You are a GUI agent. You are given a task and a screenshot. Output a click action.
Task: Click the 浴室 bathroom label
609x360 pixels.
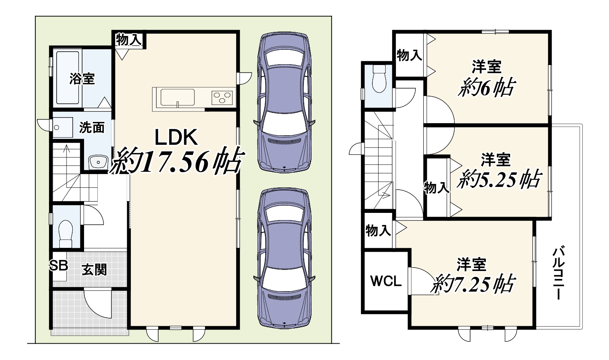click(x=82, y=79)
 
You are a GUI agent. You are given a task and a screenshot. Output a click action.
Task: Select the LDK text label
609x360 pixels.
click(x=176, y=137)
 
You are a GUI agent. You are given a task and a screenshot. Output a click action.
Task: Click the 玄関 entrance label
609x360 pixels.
click(x=94, y=270)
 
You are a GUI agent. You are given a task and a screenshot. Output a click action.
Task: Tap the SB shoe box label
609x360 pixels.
click(x=59, y=265)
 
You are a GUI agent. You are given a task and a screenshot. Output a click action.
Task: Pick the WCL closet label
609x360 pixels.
click(x=386, y=281)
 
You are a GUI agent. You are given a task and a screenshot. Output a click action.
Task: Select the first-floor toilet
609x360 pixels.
click(x=65, y=233)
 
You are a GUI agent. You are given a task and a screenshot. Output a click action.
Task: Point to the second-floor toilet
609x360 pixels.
click(x=379, y=79)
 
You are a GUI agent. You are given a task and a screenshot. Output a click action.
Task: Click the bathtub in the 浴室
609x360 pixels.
click(x=68, y=78)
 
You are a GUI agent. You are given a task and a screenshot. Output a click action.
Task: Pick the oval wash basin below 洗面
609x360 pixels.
click(x=98, y=162)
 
